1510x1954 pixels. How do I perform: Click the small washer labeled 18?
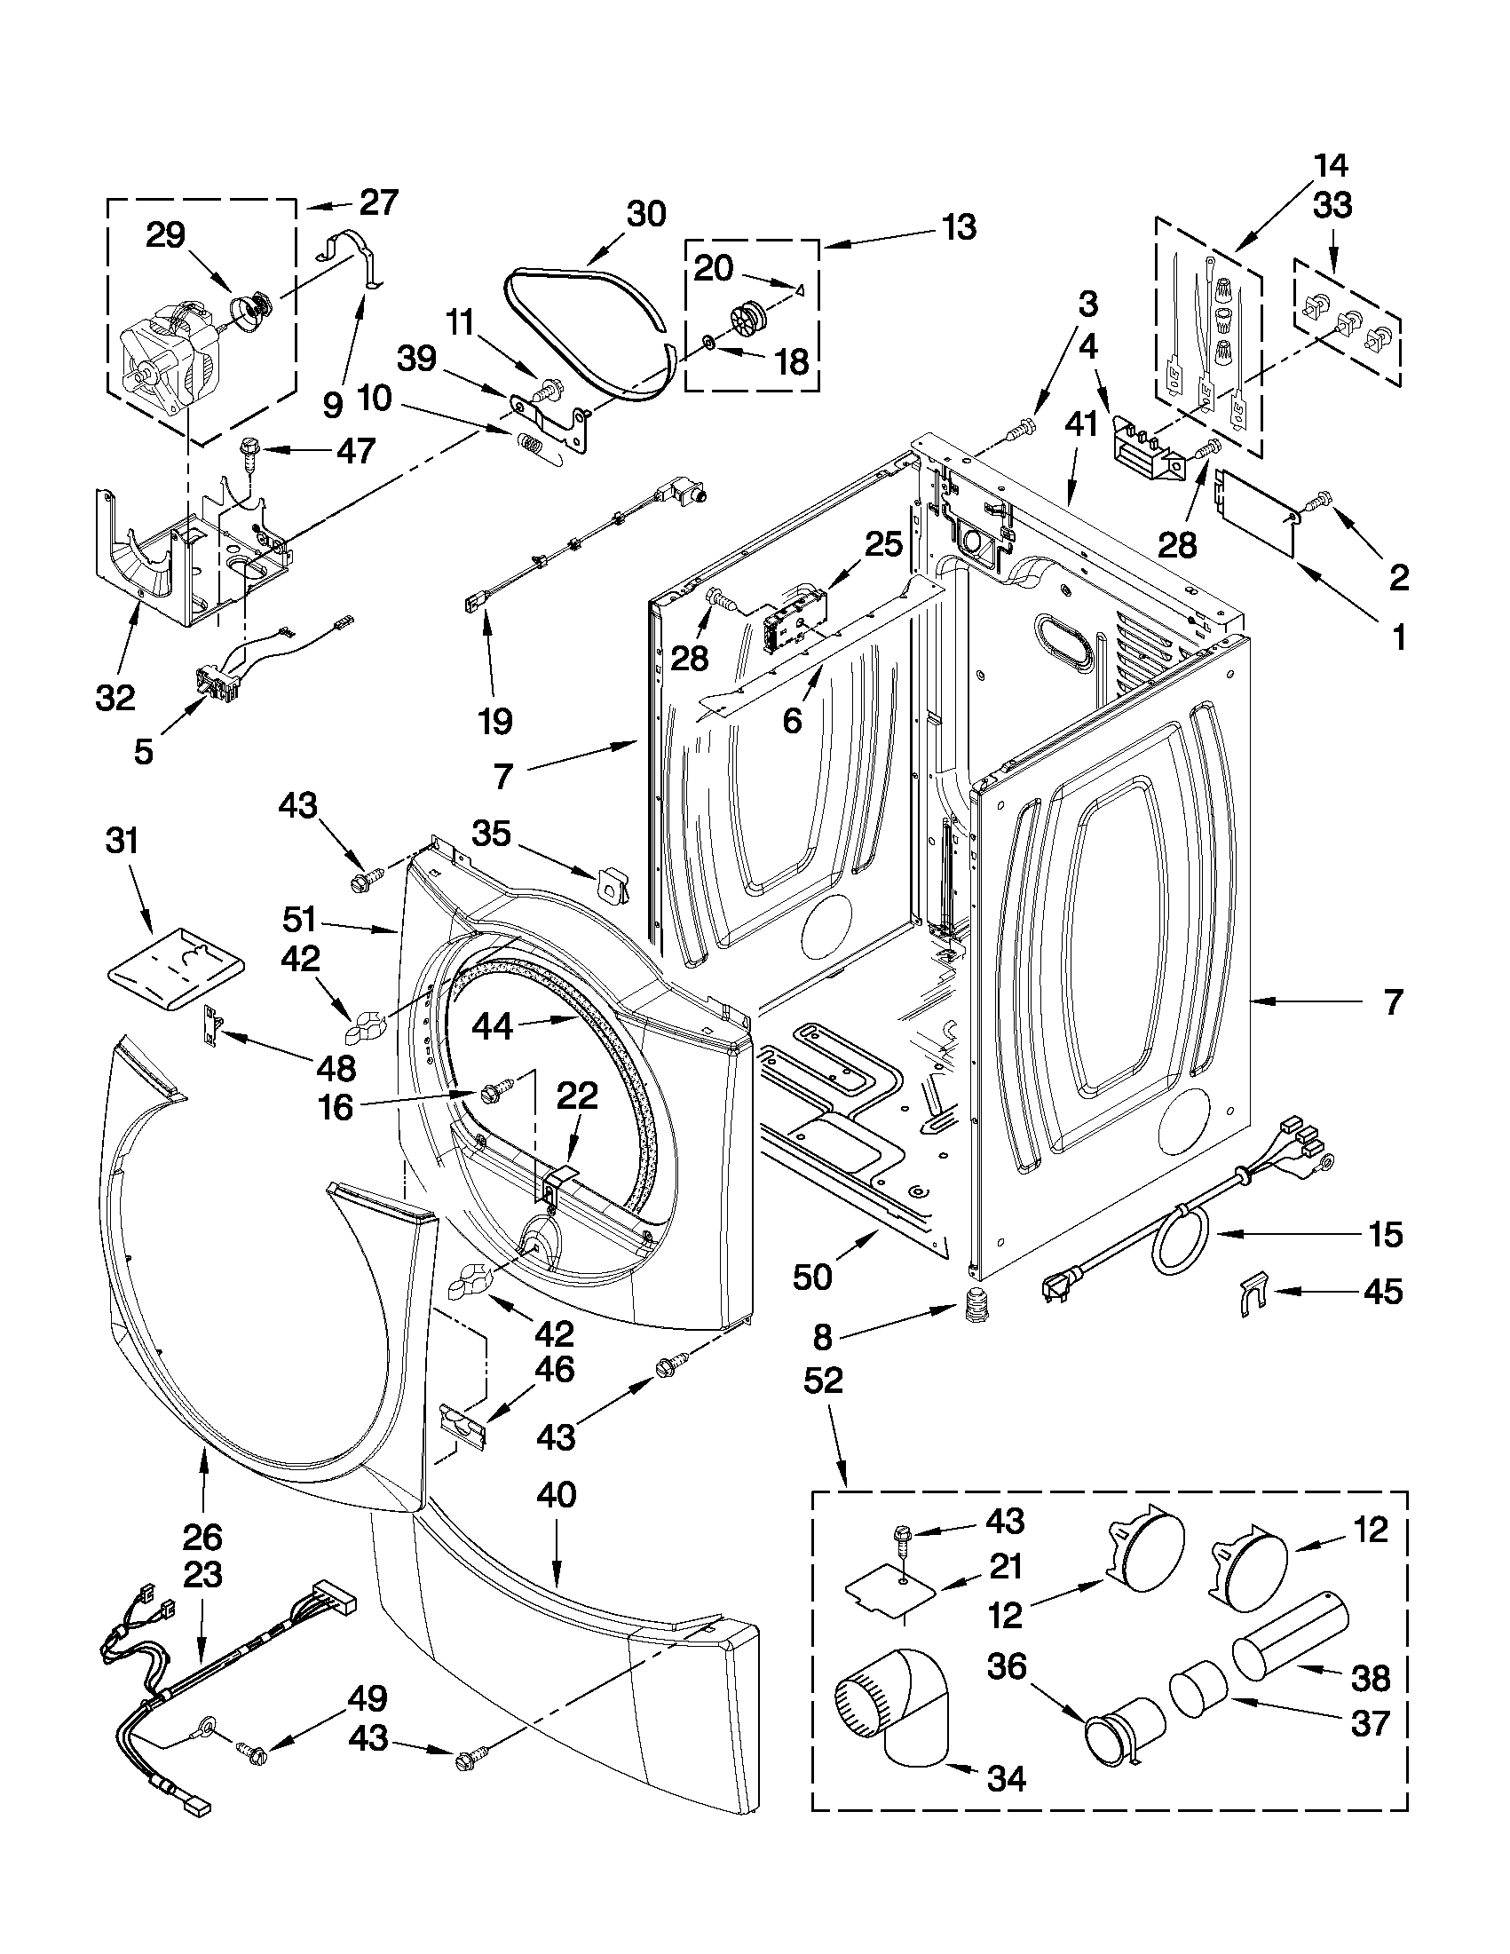[708, 341]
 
